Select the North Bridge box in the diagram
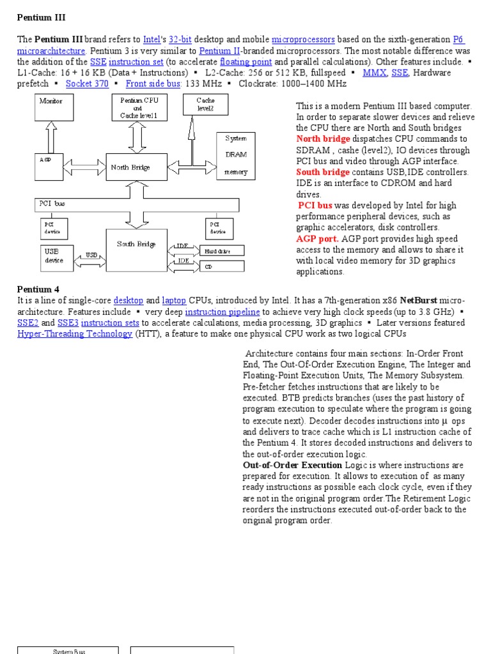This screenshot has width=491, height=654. click(x=132, y=167)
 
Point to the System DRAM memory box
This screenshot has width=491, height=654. click(x=235, y=155)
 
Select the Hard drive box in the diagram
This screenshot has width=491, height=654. click(x=223, y=251)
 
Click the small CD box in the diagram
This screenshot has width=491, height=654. click(x=223, y=267)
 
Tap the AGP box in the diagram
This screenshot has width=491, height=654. click(x=51, y=167)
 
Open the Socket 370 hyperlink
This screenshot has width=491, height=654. click(x=87, y=84)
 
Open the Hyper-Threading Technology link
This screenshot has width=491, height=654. click(x=74, y=334)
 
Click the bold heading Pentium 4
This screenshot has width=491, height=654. click(x=38, y=289)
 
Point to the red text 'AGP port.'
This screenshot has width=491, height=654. click(x=317, y=238)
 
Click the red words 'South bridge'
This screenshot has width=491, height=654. click(x=323, y=172)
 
